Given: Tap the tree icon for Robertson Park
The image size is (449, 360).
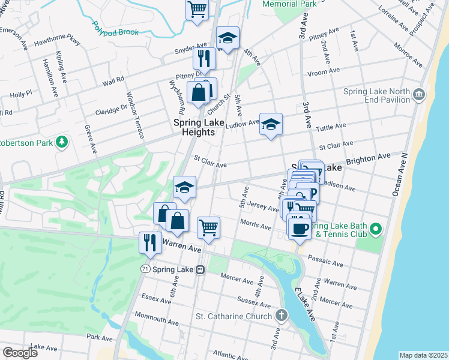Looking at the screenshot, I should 61,142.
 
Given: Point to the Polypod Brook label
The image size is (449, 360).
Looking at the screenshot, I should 115,28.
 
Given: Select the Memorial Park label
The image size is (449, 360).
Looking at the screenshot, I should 289,4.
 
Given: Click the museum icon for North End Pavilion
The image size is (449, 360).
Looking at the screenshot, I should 419,94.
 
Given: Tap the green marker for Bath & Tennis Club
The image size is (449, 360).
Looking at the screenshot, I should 376,229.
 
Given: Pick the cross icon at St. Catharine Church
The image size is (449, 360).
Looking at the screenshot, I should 280,316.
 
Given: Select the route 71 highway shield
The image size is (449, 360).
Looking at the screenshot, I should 145,269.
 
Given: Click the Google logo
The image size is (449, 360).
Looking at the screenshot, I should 20,352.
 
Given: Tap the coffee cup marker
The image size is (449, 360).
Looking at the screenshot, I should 300,228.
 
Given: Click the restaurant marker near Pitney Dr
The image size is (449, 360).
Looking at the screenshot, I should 204,58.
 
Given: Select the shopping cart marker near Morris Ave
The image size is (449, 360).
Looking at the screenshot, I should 208,227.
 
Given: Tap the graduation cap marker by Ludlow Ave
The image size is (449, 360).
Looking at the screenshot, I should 271,124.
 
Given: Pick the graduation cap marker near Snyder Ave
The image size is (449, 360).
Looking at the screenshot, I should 228,37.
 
